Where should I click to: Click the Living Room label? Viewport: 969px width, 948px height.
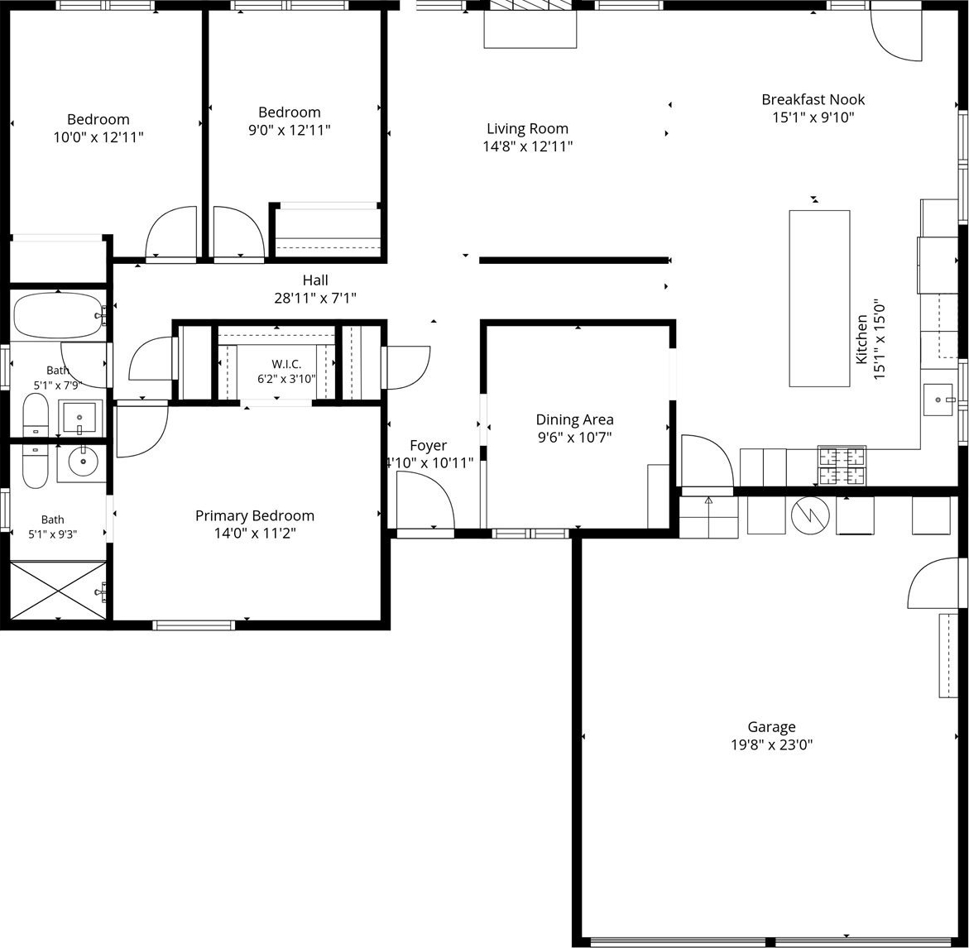527,128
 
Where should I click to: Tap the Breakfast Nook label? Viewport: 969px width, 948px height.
813,99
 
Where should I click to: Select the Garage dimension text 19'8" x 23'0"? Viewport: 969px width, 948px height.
771,745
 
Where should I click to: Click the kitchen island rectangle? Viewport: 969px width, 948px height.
819,299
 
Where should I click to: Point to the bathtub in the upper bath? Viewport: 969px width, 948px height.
59,315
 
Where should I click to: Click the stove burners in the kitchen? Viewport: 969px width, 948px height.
842,465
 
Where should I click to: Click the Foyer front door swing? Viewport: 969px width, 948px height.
425,499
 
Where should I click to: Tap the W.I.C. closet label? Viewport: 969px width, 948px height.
286,364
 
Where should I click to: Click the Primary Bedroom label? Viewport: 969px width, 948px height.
255,515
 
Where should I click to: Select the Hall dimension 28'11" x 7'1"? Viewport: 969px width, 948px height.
315,299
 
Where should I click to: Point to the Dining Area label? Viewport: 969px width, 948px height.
575,420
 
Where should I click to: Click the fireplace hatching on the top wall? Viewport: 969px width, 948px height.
530,5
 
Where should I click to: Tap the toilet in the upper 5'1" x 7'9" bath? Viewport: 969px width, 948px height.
36,415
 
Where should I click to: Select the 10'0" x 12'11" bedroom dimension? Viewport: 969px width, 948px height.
98,137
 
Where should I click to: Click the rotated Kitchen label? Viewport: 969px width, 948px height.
861,339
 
